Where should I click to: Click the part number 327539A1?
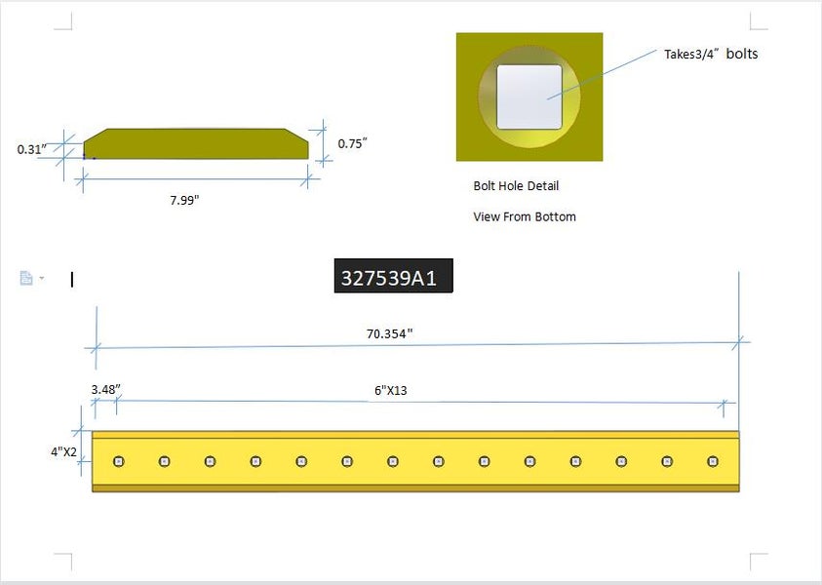click(394, 278)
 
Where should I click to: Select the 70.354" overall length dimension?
click(390, 333)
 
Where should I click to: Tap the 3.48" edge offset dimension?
click(104, 389)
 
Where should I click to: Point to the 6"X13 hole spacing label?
click(390, 390)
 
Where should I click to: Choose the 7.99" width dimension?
click(184, 200)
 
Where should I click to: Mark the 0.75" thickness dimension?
click(352, 143)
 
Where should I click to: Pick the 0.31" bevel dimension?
click(31, 149)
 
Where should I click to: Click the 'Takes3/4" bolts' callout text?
click(711, 54)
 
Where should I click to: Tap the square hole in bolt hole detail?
click(529, 97)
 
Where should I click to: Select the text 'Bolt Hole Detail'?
click(516, 185)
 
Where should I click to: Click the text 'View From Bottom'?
click(525, 216)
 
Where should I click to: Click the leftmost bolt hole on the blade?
click(118, 461)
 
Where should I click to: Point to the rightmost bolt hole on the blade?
click(713, 461)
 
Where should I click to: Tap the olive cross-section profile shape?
click(195, 144)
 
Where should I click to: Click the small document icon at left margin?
click(27, 279)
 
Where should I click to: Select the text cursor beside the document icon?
click(72, 280)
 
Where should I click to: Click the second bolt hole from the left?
click(164, 461)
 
